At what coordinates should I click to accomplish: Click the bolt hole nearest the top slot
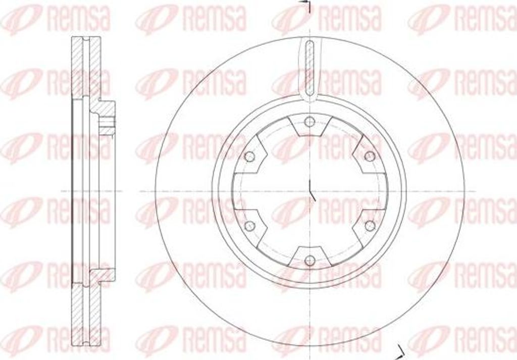click(x=309, y=121)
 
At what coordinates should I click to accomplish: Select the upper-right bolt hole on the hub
click(x=370, y=156)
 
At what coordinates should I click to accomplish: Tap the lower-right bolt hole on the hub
click(x=370, y=226)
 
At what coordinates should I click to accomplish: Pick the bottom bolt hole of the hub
click(x=309, y=261)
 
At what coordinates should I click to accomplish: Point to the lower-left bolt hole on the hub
click(x=249, y=226)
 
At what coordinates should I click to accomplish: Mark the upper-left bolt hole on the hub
click(x=249, y=156)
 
